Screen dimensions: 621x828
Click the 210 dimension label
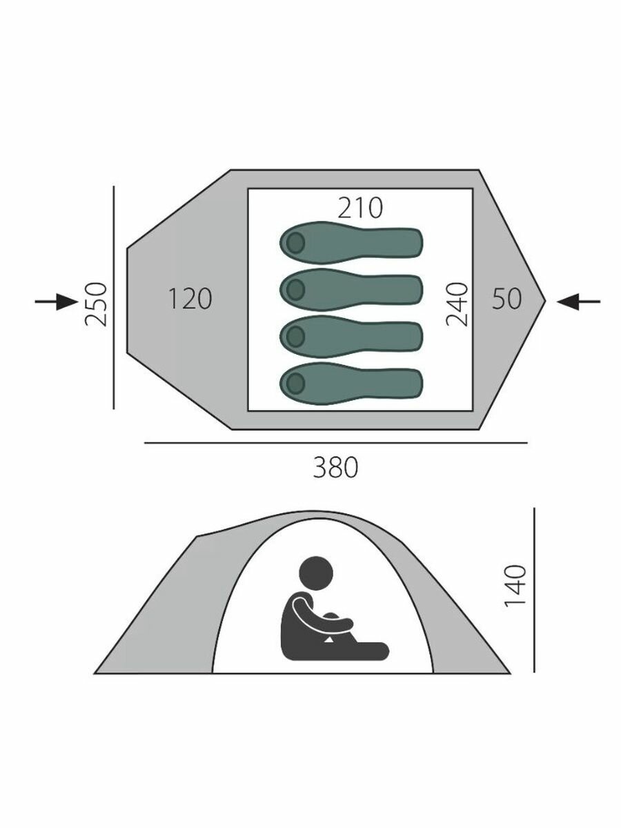point(359,208)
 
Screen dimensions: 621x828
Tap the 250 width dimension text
point(95,304)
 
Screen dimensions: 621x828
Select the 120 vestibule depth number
point(190,299)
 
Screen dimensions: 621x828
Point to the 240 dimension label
point(457,304)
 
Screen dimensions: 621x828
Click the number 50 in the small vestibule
point(506,299)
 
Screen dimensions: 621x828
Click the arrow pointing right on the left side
point(57,302)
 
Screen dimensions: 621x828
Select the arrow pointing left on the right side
point(578,302)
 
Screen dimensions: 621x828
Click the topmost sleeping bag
point(351,243)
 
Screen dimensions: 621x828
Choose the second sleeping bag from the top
point(351,290)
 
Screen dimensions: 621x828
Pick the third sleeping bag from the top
point(351,337)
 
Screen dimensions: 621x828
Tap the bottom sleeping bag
point(351,384)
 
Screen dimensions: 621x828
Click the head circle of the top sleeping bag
point(295,243)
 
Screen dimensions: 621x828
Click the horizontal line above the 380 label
point(335,443)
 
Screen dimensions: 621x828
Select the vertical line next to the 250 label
point(113,297)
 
